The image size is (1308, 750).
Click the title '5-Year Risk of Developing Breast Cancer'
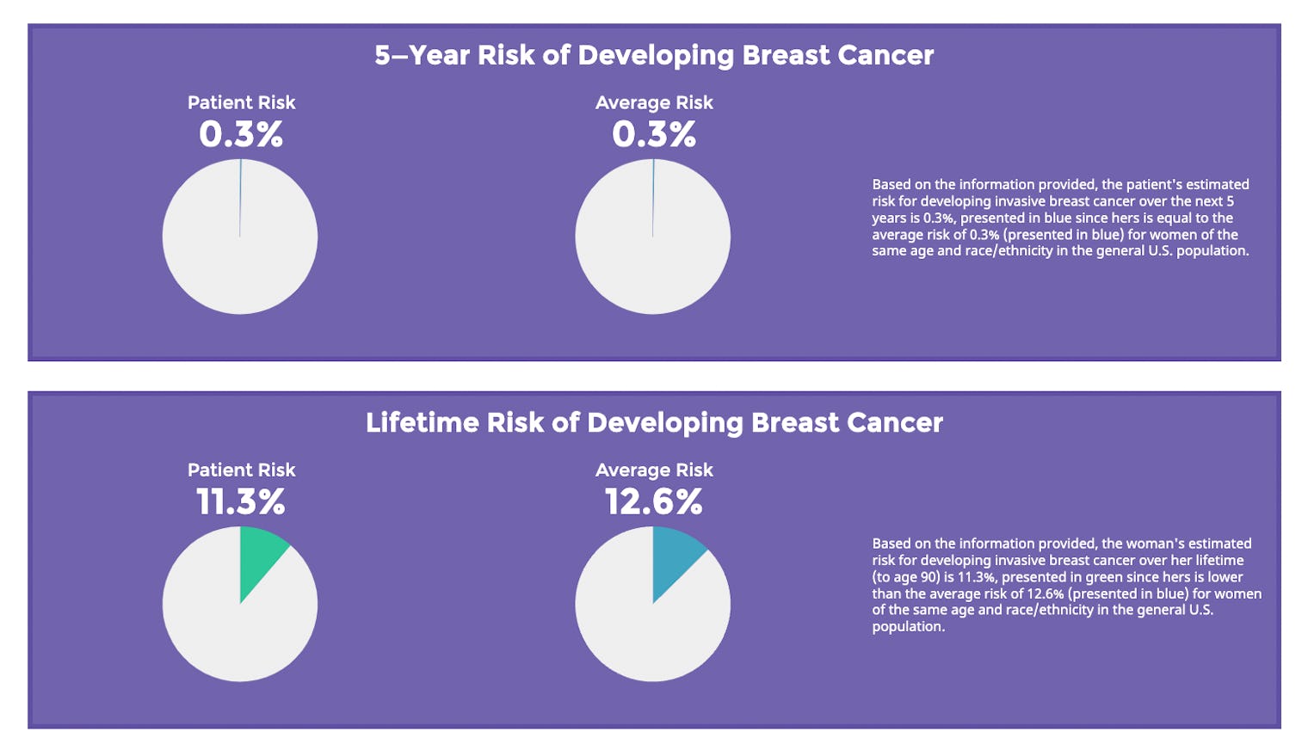(654, 55)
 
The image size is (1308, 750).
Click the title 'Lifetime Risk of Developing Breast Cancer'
(654, 422)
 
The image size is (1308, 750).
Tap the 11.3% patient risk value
(241, 501)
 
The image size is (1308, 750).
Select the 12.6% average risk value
(654, 501)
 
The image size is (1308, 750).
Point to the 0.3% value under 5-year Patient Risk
(241, 134)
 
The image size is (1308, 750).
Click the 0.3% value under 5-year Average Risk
(654, 134)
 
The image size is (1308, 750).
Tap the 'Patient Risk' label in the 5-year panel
(241, 102)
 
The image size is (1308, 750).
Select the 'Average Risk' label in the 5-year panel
(654, 102)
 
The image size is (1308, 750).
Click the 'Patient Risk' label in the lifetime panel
(241, 470)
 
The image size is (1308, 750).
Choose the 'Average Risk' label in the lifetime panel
(654, 470)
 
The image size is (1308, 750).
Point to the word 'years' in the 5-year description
(889, 218)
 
